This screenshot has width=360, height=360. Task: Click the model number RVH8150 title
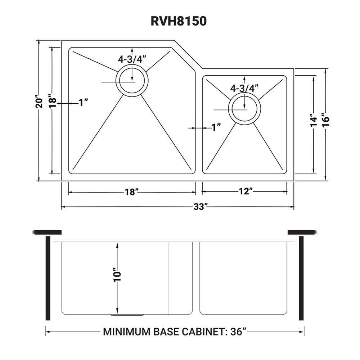click(179, 21)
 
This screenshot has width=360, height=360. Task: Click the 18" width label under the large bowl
click(132, 192)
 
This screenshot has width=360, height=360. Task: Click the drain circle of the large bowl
click(131, 81)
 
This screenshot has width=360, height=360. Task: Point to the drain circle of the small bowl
click(245, 108)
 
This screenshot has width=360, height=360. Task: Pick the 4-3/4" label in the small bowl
click(245, 88)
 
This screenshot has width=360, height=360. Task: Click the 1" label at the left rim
click(84, 103)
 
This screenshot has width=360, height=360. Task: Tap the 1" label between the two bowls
click(216, 127)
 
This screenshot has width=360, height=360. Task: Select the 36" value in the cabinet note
click(238, 332)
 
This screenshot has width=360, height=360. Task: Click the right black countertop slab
click(302, 231)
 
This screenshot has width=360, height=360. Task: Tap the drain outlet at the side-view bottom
click(127, 315)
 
